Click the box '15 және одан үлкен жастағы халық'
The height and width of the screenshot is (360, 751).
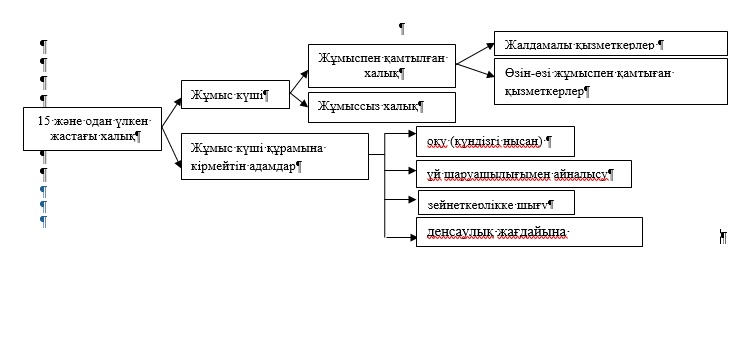point(92,127)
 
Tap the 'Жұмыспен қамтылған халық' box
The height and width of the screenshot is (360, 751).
point(381,65)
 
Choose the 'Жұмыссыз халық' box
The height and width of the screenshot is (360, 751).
point(381,106)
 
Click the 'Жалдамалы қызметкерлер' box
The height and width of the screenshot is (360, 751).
point(610,44)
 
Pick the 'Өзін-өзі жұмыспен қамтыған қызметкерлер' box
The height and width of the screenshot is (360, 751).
point(610,82)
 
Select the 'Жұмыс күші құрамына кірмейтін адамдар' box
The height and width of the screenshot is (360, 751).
point(272,156)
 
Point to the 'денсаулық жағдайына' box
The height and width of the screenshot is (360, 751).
point(529,232)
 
